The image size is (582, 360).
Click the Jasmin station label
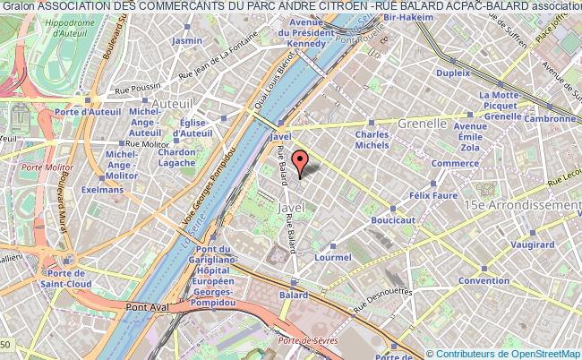point(187,41)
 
